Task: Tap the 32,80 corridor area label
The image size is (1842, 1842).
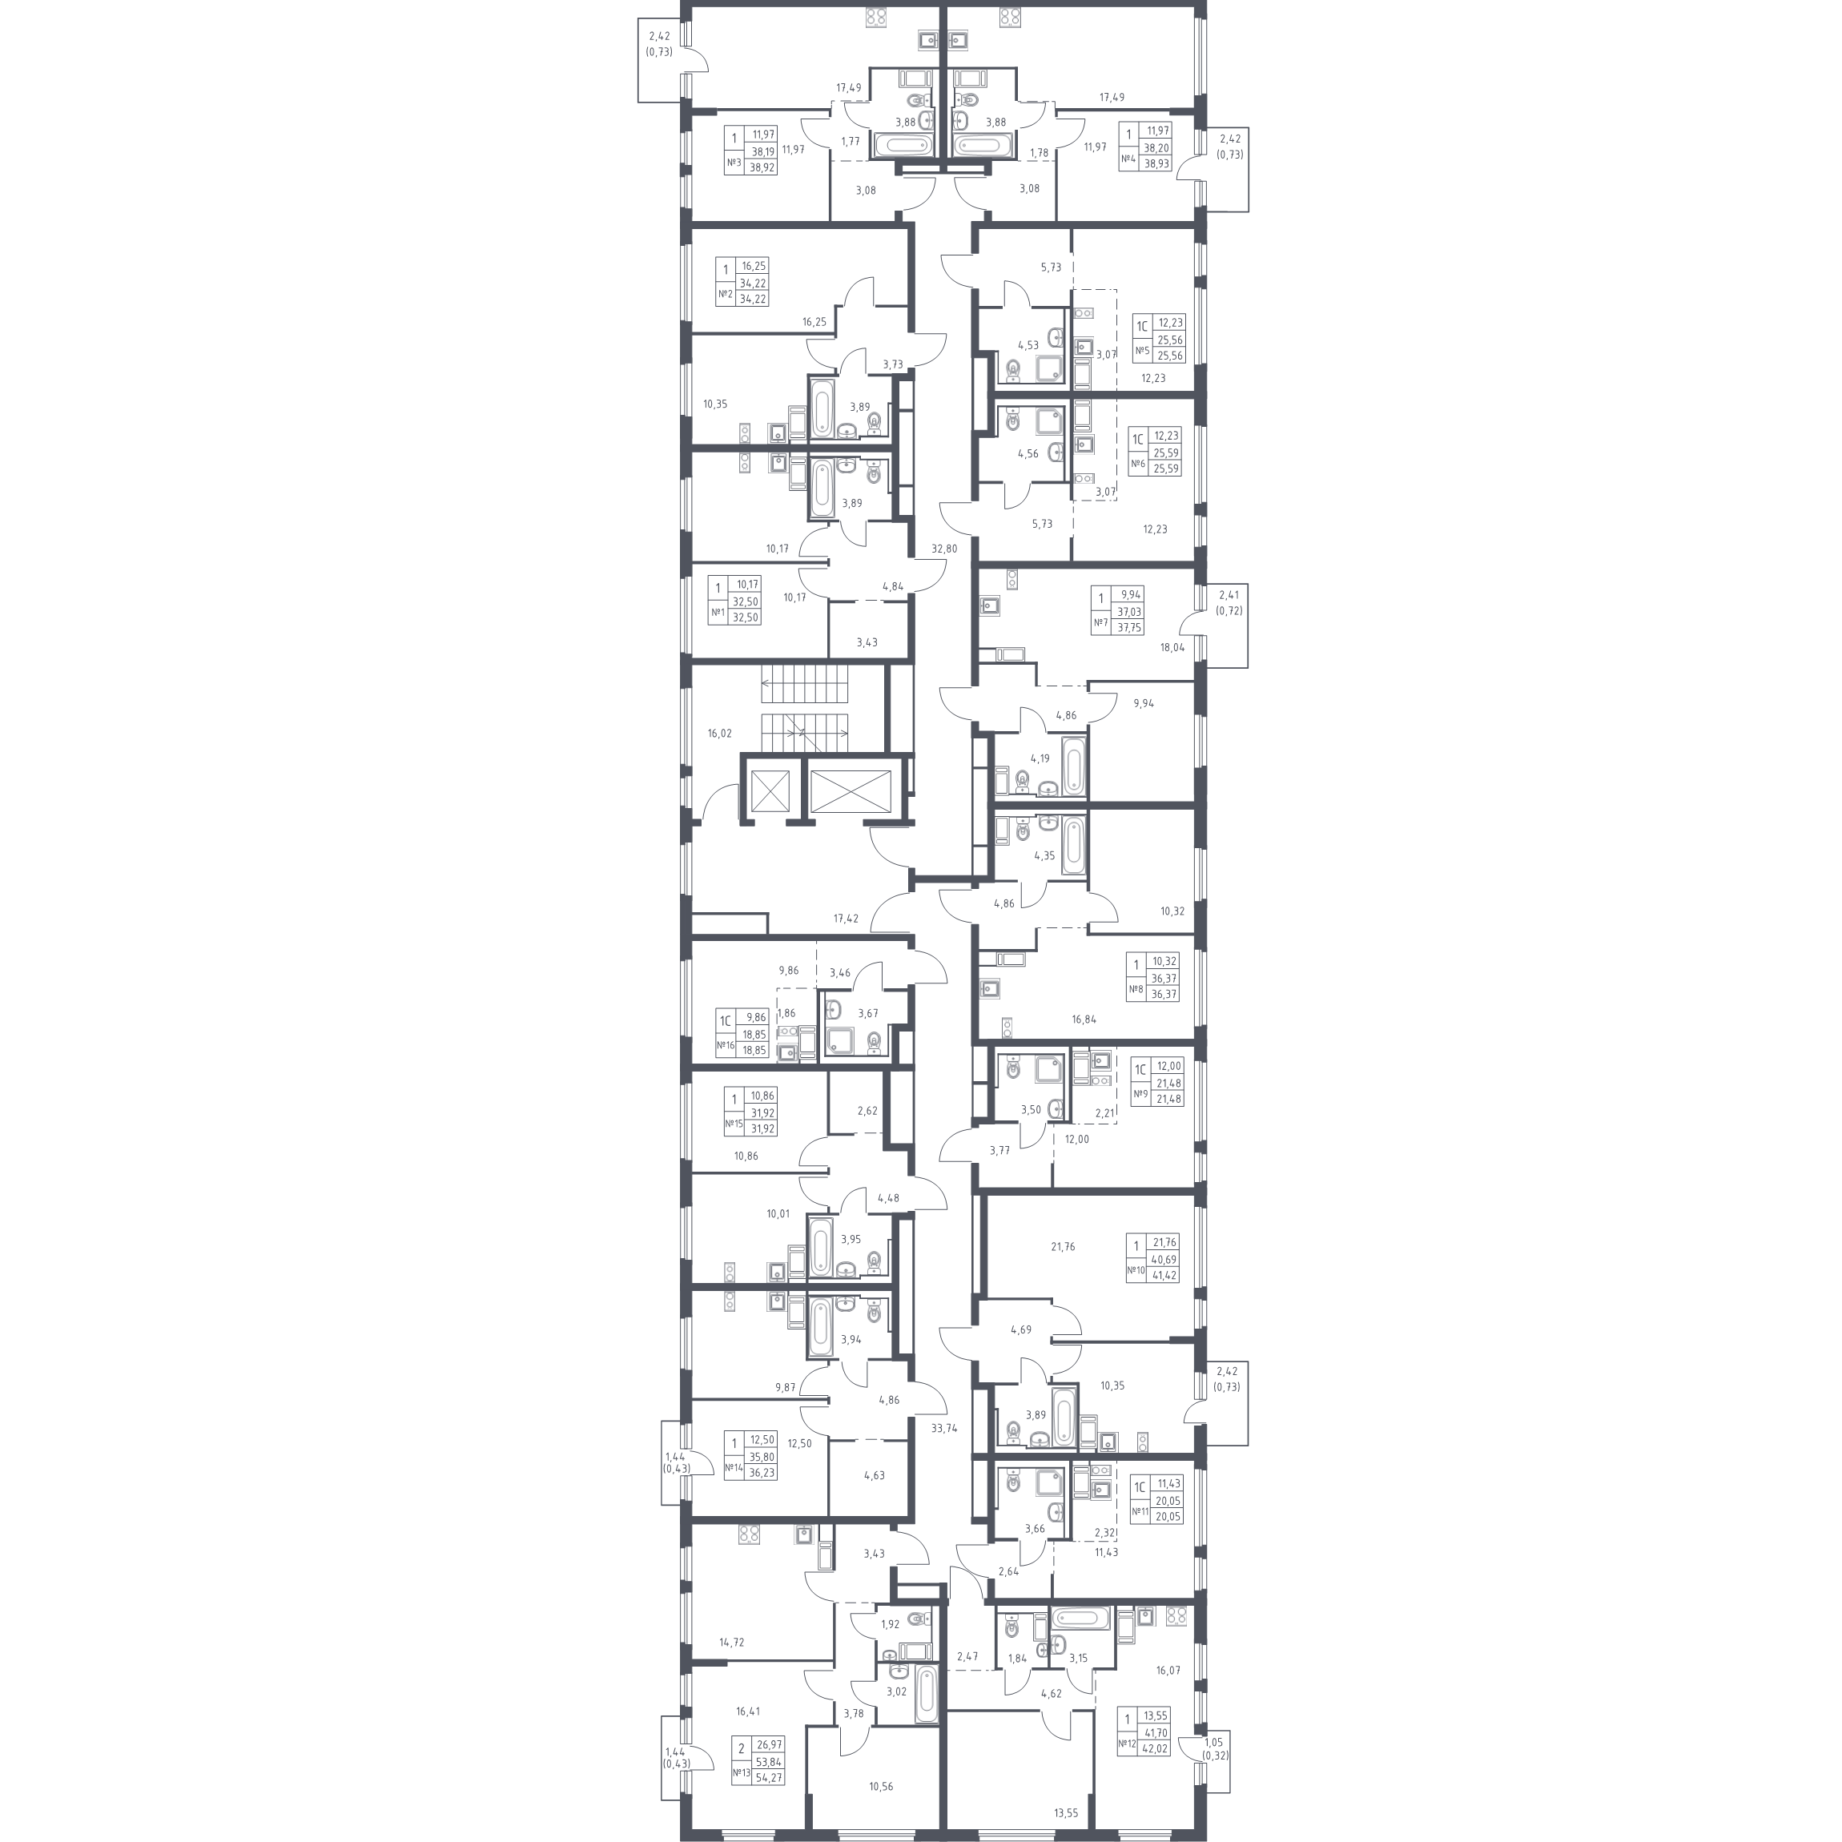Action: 944,549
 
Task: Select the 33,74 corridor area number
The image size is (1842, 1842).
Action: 944,1428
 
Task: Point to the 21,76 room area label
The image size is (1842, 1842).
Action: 1062,1246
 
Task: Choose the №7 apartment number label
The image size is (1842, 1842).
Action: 1100,624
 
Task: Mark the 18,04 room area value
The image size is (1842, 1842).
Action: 1172,646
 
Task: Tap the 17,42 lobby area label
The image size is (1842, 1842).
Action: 846,919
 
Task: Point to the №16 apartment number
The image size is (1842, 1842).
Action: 725,1045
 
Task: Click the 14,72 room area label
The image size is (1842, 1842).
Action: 731,1642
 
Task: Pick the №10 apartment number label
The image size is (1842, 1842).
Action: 1136,1270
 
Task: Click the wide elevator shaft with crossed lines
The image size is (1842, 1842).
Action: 851,790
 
